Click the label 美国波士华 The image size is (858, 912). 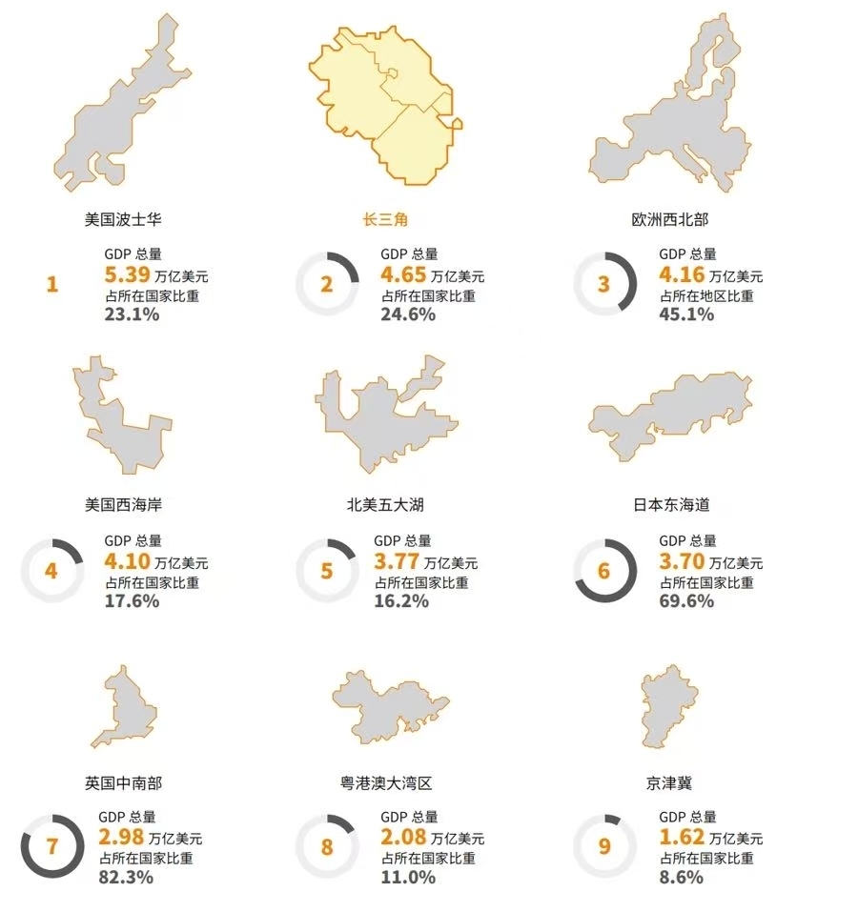coord(123,219)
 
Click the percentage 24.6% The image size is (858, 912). coord(408,314)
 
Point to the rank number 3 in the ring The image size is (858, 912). coord(603,284)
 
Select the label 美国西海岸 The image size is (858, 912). coord(123,504)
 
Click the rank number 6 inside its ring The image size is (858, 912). coord(603,571)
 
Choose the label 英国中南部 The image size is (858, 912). coord(123,783)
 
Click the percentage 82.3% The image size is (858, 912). coord(126,877)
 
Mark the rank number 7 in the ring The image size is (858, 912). coord(52,846)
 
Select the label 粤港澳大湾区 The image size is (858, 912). coord(385,783)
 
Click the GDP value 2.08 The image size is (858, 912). coord(402,838)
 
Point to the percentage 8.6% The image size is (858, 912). coord(681,877)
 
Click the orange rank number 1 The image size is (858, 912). coord(52,284)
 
